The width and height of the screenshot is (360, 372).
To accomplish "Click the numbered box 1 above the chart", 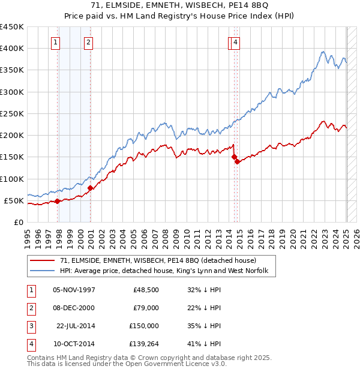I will (x=55, y=42).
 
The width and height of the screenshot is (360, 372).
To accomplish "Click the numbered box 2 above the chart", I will (x=88, y=42).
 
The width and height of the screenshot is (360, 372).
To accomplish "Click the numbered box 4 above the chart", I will (x=236, y=42).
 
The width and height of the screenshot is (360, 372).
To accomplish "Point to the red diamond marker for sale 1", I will (x=58, y=201).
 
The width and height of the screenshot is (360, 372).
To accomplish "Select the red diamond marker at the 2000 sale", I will (x=90, y=188).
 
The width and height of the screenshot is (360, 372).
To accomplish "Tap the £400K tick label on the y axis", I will (x=12, y=49).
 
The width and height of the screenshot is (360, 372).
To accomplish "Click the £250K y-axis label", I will (x=12, y=113).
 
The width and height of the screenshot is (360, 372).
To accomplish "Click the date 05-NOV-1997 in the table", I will (x=74, y=290).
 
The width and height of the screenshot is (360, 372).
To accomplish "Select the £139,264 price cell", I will (x=144, y=344).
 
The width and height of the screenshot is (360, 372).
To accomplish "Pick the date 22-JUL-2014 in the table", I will (x=76, y=326).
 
